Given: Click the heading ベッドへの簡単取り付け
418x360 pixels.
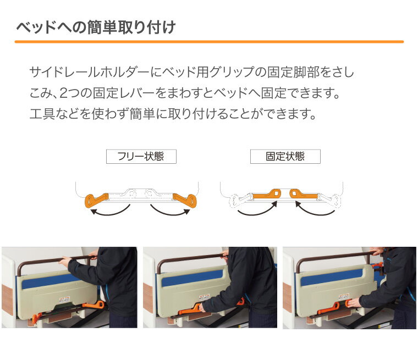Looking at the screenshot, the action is click(96, 27).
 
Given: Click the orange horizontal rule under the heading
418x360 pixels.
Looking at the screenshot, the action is click(209, 42).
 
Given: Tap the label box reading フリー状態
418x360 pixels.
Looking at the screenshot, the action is click(141, 157).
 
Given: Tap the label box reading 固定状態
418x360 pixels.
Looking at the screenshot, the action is click(285, 157).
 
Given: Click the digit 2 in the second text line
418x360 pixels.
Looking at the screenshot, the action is click(64, 93).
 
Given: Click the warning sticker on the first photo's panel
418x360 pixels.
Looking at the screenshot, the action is click(64, 299).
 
